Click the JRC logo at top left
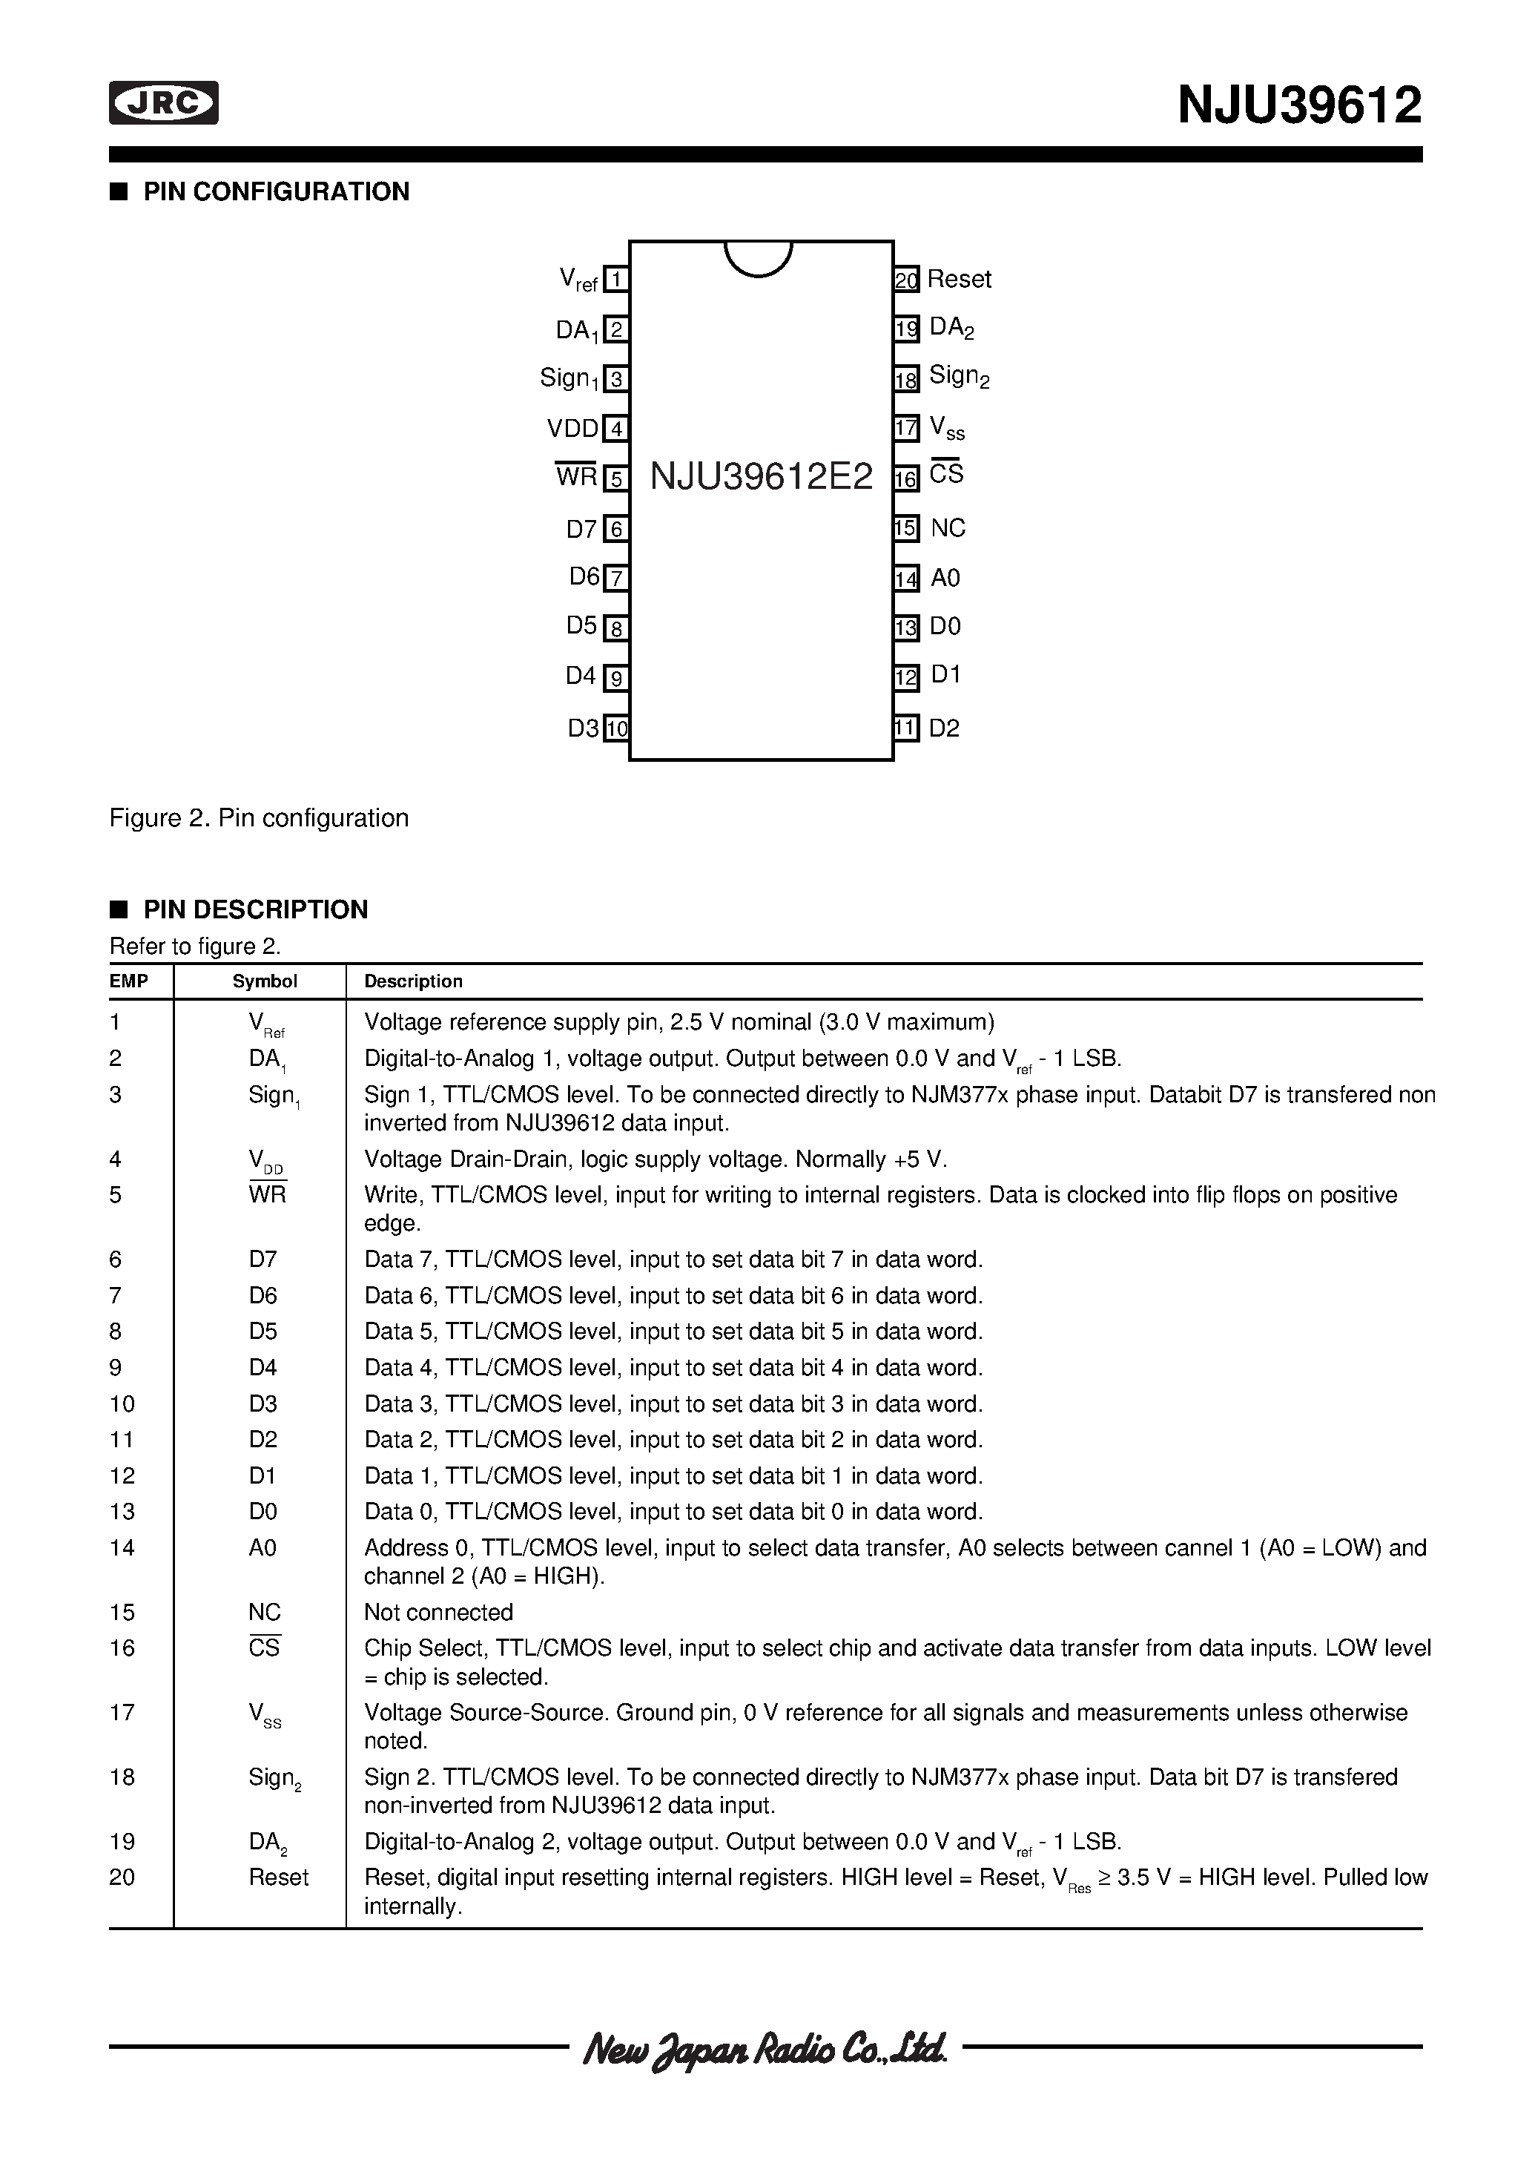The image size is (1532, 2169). [x=163, y=103]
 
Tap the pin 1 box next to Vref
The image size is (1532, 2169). [x=615, y=280]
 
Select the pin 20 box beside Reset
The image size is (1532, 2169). [x=906, y=280]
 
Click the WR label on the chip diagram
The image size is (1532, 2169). [x=576, y=477]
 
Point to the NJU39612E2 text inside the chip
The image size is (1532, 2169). [x=762, y=478]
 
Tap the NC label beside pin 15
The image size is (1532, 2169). [x=948, y=528]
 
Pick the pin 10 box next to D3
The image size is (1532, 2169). [x=615, y=728]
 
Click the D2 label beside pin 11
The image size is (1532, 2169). [x=943, y=728]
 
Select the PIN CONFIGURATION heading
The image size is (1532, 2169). [x=276, y=192]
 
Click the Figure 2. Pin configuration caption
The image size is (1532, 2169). [x=259, y=818]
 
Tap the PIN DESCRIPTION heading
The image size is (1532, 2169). [x=255, y=909]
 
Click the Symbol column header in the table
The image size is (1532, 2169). [x=265, y=981]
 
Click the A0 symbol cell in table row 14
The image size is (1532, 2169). [x=263, y=1548]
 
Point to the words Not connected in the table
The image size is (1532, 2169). [x=438, y=1613]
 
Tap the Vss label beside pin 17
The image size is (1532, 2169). [x=946, y=429]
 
